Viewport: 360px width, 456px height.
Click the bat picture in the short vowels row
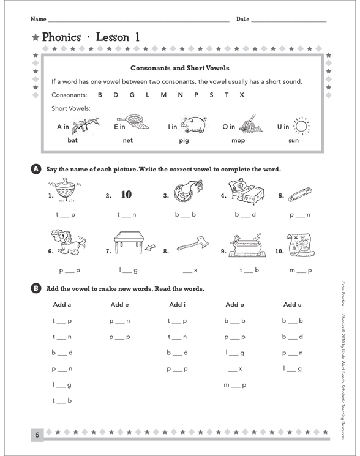pos(85,126)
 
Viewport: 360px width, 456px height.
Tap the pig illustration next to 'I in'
pos(193,125)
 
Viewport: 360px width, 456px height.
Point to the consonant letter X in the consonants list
pos(242,95)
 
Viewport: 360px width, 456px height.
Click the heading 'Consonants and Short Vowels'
pos(180,68)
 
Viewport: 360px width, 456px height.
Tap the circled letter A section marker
pos(35,170)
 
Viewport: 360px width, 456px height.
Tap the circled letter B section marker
pos(35,288)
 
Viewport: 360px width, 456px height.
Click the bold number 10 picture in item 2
pos(126,195)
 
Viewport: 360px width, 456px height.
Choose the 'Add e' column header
pos(119,305)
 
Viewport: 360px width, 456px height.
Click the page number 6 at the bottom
pos(37,435)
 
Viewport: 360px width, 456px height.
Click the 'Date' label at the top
pos(242,20)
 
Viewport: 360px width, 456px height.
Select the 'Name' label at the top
pos(38,20)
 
